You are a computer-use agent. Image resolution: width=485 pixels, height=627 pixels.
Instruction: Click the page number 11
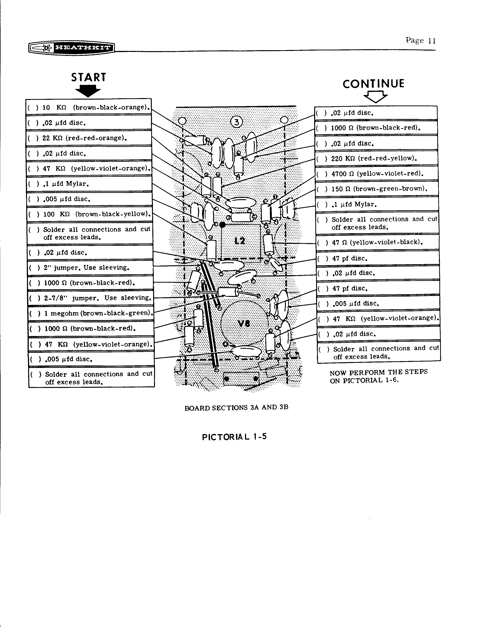[x=432, y=41]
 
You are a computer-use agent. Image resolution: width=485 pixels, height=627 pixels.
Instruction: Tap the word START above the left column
[x=88, y=78]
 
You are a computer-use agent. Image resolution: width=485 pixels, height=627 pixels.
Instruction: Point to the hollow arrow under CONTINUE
[x=375, y=97]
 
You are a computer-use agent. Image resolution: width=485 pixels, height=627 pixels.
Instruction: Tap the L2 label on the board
[x=240, y=241]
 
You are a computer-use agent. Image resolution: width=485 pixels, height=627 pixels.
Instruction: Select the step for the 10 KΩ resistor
[x=89, y=108]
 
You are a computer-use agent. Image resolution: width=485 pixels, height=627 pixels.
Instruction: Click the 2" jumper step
[x=90, y=268]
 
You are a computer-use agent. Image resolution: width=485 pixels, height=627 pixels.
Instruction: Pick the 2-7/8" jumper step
[x=91, y=298]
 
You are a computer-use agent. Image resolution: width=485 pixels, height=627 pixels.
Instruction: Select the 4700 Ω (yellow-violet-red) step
[x=377, y=174]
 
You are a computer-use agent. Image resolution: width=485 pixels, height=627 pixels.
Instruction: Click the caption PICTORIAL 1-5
[x=234, y=437]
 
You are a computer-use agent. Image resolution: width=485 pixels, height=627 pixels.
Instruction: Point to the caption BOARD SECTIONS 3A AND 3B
[x=236, y=408]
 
